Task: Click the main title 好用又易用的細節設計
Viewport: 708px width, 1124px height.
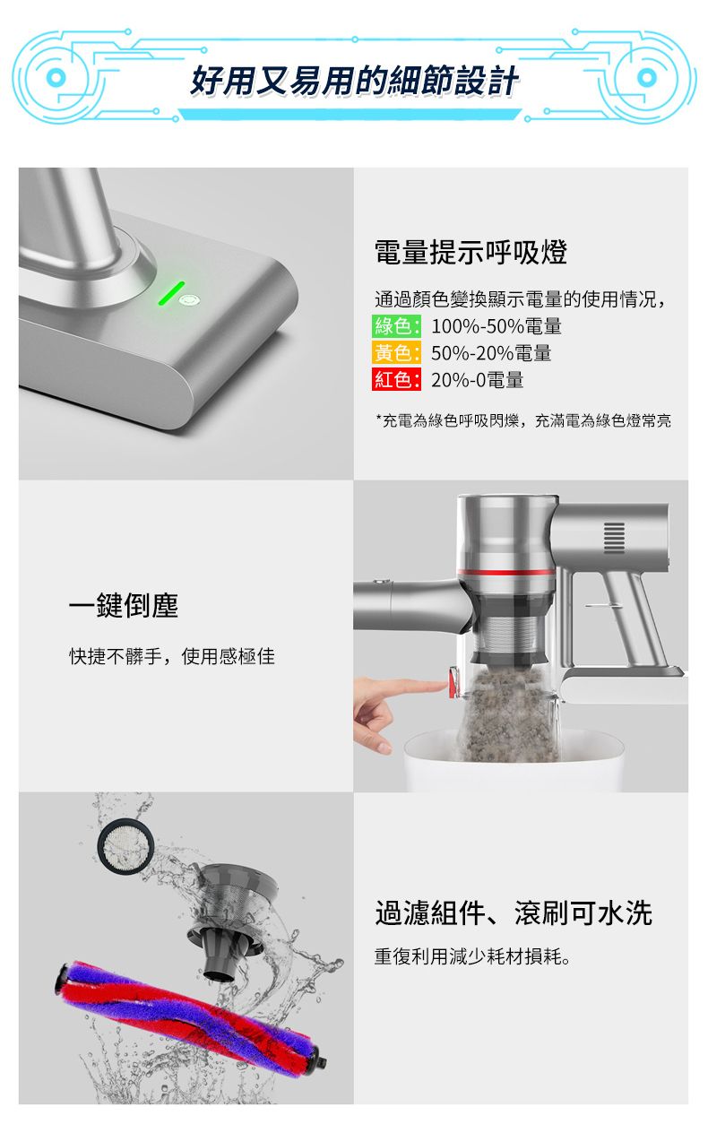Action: tap(354, 81)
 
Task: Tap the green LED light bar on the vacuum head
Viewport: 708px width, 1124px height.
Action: tap(171, 293)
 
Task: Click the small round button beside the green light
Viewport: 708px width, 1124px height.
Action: tap(190, 300)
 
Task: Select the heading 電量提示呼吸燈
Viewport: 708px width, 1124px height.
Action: tap(471, 252)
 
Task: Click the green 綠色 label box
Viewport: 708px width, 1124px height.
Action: tap(396, 326)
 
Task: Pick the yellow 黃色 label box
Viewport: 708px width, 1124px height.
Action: tap(396, 353)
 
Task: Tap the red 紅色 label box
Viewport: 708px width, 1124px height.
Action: tap(396, 379)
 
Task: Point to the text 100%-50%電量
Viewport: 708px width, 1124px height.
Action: tap(496, 326)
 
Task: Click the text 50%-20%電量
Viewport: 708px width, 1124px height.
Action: tap(491, 353)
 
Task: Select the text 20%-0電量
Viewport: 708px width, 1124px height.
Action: tap(477, 380)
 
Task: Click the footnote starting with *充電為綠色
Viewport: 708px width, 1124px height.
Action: tap(523, 420)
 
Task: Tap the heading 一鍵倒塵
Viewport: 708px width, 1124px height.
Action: tap(124, 605)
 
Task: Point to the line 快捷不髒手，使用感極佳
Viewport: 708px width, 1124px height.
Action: tap(172, 656)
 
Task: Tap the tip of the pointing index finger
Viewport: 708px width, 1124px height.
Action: tap(445, 683)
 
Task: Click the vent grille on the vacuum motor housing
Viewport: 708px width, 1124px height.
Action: tap(614, 538)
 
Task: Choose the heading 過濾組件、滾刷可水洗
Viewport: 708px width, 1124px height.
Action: tap(514, 912)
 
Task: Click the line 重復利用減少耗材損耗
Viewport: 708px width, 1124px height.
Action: tap(472, 957)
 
